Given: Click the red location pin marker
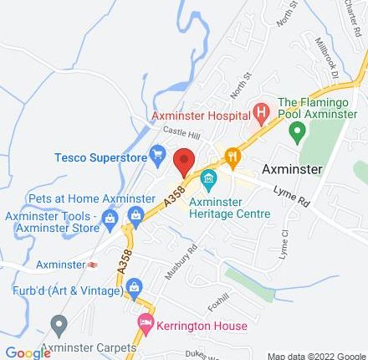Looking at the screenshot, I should (184, 161).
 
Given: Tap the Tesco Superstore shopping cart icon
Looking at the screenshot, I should (157, 153).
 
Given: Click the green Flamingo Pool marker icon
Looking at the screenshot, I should (296, 131).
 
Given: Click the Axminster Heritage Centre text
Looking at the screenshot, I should (229, 207).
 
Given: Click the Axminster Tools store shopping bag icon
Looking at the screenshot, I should (135, 218).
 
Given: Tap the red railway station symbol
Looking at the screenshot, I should (91, 264).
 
